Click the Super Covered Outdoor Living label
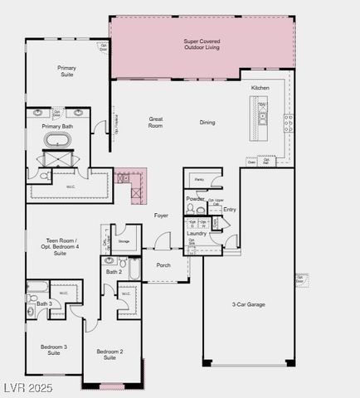click(x=202, y=44)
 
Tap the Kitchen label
click(x=260, y=87)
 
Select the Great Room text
click(x=156, y=122)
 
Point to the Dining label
click(x=207, y=122)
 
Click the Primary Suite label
click(x=66, y=70)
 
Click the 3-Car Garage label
click(x=248, y=304)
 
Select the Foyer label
click(x=161, y=216)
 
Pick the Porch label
click(x=163, y=265)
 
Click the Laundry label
click(x=197, y=234)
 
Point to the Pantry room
click(x=199, y=180)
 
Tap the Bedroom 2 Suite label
click(x=109, y=355)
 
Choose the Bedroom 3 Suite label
click(x=54, y=349)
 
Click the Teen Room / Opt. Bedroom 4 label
click(x=62, y=246)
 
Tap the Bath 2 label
click(x=114, y=272)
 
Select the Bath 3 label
click(x=44, y=304)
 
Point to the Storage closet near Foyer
click(x=124, y=241)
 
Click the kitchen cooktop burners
click(x=287, y=124)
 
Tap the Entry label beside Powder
click(x=230, y=209)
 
